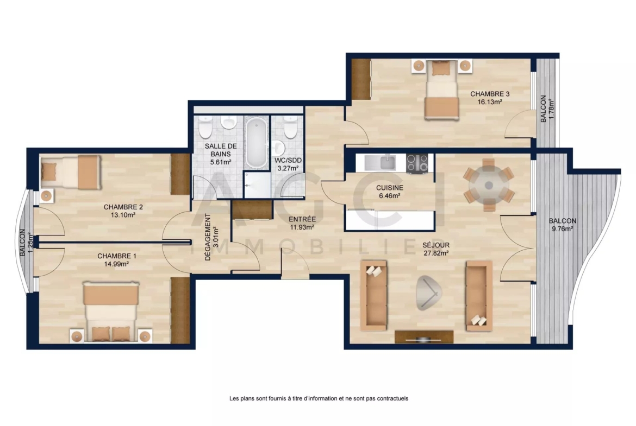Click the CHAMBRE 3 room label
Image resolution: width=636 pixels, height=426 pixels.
pos(490,94)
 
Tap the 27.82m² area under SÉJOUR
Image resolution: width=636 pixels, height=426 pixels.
pos(436,253)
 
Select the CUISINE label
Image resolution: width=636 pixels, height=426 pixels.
pos(389,188)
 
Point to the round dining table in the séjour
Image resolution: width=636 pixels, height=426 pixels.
pos(489,186)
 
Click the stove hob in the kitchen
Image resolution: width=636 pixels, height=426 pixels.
pos(417,163)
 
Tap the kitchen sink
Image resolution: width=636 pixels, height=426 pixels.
pos(386,163)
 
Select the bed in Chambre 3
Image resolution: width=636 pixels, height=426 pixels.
pos(441,90)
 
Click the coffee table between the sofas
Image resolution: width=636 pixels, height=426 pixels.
pos(429,293)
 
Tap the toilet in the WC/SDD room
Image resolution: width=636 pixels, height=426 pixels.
pos(290,127)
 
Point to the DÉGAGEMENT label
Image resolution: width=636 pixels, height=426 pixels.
pos(208,237)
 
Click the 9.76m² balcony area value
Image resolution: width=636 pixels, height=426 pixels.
pos(562,228)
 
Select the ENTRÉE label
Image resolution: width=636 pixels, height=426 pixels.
pos(302,219)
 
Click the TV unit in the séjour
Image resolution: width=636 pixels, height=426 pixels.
pos(424,337)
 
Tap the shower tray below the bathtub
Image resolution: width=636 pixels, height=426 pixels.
pos(257,185)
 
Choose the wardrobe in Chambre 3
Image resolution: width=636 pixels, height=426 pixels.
pos(361,79)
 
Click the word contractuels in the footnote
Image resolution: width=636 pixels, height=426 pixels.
pos(392,398)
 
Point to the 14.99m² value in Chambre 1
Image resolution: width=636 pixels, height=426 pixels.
pos(116,264)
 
